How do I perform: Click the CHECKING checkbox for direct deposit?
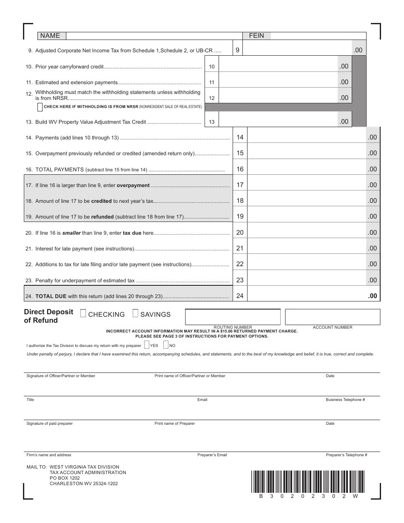83,313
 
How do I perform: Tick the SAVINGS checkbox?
135,313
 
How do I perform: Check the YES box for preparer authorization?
147,345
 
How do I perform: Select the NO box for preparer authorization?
166,345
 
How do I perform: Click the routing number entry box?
233,317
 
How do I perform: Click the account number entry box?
333,317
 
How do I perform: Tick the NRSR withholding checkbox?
40,107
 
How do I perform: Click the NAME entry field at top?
153,36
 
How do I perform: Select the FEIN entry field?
317,36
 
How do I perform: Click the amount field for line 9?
298,50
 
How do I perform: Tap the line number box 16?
240,169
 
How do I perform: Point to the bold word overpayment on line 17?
134,185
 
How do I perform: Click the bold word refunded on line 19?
102,217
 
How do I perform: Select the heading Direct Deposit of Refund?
48,316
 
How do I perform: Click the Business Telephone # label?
345,400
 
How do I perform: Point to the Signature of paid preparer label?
50,424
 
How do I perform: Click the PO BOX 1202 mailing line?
65,478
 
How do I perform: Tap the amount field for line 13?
279,122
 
